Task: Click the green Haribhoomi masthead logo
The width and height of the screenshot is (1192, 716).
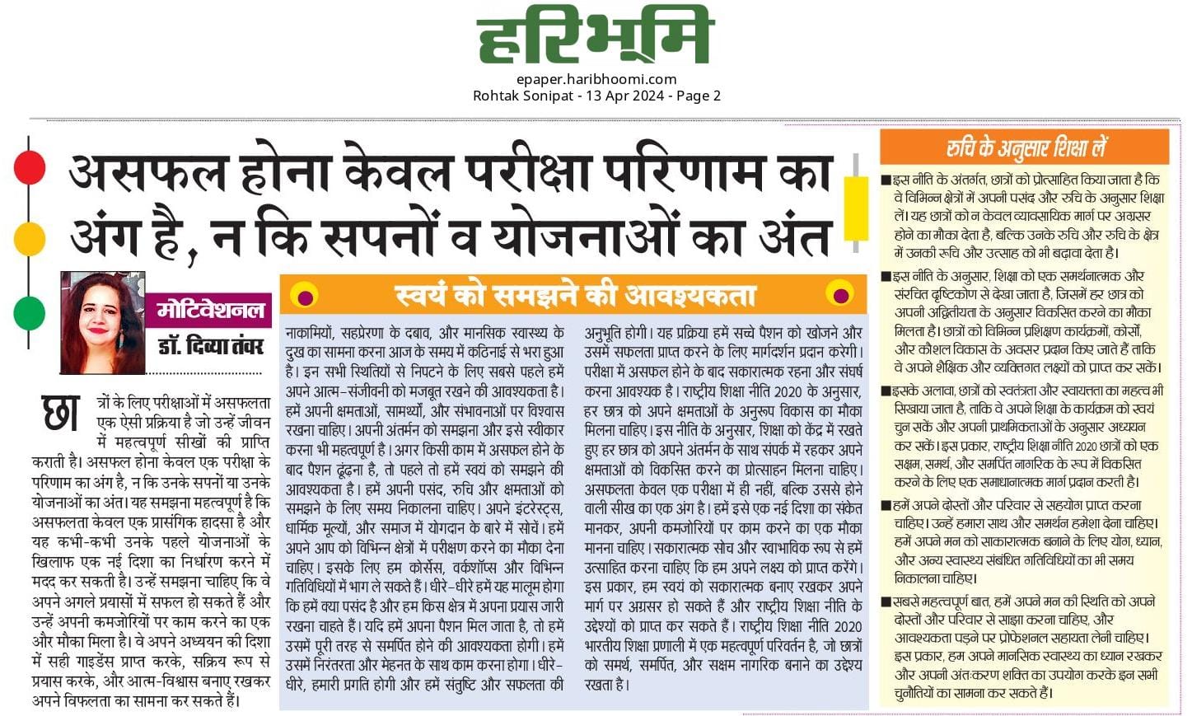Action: [593, 37]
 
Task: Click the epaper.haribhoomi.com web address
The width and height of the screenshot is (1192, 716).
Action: [596, 79]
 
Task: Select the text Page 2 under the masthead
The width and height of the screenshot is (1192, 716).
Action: [699, 96]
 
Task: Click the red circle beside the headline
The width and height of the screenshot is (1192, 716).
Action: [30, 167]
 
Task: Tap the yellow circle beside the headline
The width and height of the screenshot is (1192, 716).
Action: [30, 239]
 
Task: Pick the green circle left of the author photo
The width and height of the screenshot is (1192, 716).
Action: [30, 312]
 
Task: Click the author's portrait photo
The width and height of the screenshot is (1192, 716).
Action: [103, 322]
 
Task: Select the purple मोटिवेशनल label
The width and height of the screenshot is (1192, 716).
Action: [211, 310]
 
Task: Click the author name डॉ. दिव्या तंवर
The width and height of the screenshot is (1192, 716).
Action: [211, 345]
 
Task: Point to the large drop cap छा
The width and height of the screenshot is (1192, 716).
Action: [61, 413]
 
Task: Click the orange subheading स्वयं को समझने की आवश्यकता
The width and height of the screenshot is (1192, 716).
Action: [574, 295]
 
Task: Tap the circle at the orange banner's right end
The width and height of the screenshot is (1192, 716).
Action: [842, 294]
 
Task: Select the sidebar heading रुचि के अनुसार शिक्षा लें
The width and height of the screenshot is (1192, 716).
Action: [1025, 148]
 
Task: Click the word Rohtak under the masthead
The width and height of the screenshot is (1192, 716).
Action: [498, 96]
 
